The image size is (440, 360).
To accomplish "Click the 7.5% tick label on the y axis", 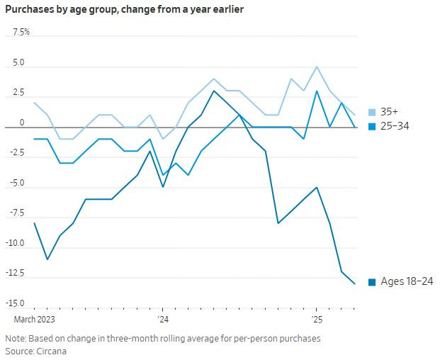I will point(21,33).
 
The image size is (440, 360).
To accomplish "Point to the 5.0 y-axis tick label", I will point(18,63).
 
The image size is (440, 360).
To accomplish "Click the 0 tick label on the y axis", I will point(22,123).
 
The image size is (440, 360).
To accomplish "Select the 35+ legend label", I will point(389,112).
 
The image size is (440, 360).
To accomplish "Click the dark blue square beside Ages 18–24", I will point(373,282).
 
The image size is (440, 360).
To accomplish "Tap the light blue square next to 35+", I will point(373,112).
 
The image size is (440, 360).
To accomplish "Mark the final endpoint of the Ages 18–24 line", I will point(354,284).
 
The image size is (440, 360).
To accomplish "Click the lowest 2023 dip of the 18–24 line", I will point(47,259).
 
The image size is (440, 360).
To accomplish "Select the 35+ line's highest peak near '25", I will point(316,67).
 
